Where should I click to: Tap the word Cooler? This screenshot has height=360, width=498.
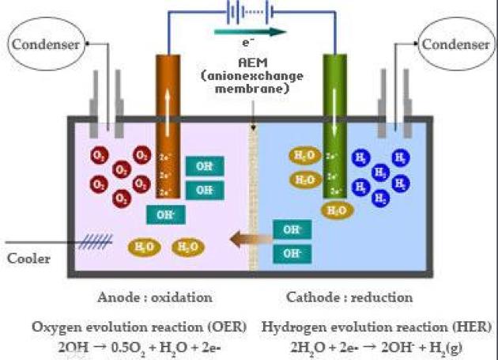click(27, 259)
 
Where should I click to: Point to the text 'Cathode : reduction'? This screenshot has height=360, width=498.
click(347, 297)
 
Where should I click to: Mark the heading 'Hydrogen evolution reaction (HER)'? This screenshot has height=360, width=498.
click(375, 326)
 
